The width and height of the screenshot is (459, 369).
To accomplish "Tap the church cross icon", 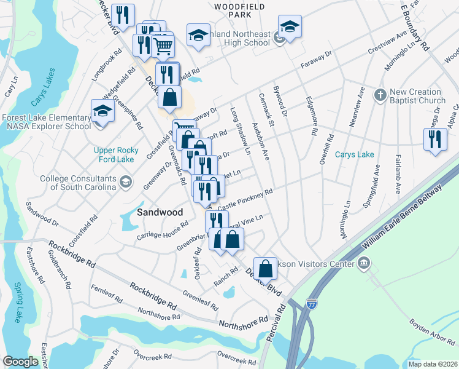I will point(380,95).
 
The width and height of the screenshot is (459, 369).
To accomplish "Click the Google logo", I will point(21,362).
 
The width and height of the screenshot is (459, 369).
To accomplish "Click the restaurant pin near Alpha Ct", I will point(435,138).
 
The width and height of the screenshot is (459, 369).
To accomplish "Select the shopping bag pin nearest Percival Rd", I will point(265,268).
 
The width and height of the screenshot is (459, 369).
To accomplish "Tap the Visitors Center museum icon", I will point(364,264).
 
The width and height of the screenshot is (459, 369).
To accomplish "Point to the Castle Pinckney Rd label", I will point(245,200).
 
